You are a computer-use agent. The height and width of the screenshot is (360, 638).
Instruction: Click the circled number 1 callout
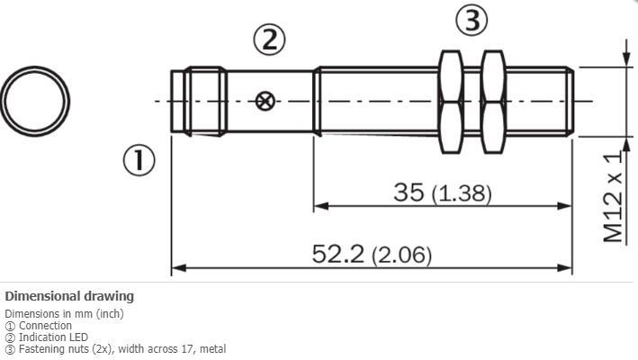139,160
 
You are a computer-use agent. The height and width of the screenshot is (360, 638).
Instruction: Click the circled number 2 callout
268,39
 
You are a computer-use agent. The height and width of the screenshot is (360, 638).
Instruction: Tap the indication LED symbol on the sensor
265,101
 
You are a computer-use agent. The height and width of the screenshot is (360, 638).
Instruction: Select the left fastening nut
450,101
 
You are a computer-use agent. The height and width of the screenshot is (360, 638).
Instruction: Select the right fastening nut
493,101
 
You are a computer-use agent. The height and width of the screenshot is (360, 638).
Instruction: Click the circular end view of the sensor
35,99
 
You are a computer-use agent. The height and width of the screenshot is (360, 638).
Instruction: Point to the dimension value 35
409,192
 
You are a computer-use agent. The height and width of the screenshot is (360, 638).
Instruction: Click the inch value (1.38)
462,193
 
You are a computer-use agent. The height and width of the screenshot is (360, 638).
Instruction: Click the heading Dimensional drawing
69,296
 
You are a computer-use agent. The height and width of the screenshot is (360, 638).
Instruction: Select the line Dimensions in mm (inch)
64,314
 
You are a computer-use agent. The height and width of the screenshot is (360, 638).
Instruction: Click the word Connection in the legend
45,326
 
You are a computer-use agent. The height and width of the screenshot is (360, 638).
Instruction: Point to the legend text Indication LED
54,337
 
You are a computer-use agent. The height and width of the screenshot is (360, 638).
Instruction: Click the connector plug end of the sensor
198,101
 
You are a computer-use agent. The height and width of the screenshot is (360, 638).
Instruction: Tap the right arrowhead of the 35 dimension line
566,206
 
